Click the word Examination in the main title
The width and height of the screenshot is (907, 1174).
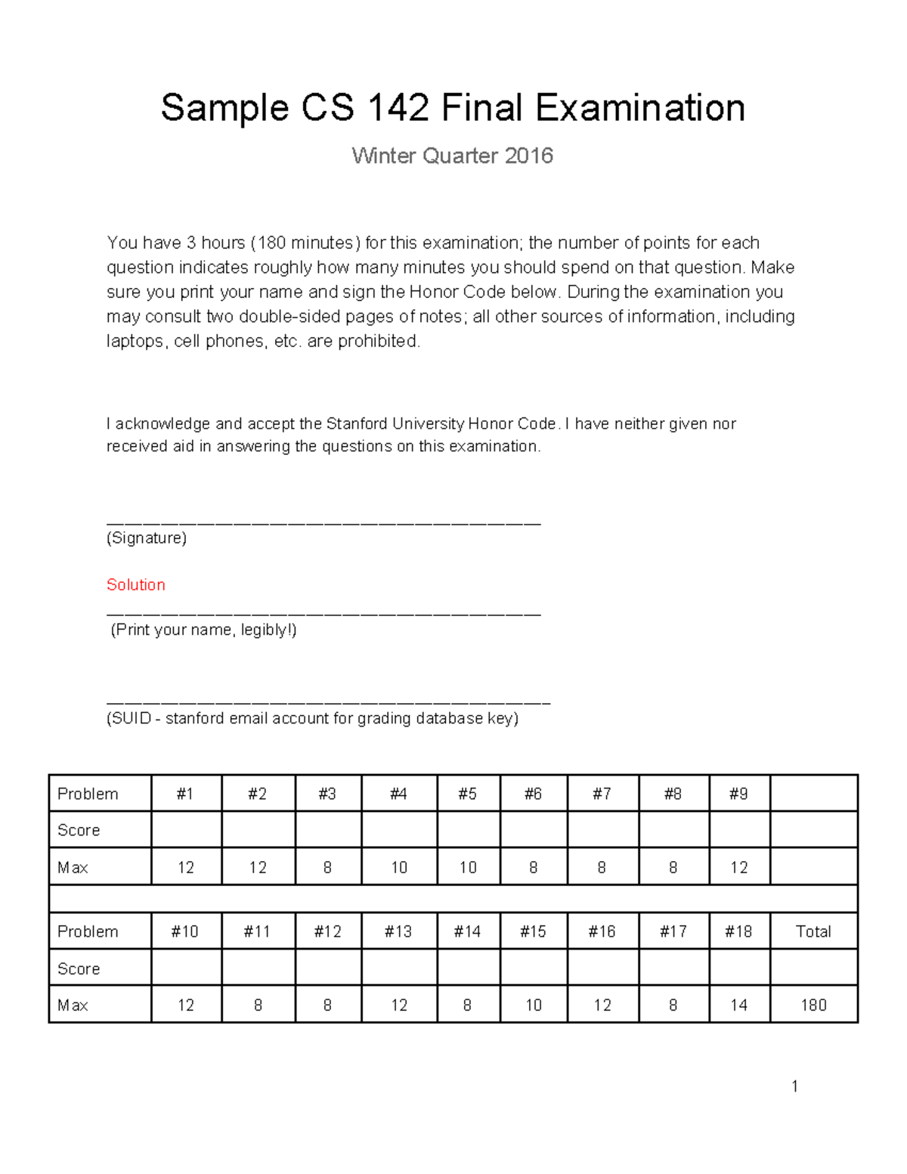640,108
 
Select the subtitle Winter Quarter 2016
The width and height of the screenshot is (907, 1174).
452,156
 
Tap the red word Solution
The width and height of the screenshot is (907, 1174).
135,584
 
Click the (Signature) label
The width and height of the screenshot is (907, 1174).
147,537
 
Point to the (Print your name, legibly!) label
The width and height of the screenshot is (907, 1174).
203,630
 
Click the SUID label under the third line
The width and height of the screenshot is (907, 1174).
312,718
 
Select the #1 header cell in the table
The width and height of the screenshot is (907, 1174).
185,794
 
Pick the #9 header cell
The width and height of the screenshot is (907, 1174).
738,794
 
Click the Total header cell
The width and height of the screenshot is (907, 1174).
813,931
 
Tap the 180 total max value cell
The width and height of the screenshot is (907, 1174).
813,1005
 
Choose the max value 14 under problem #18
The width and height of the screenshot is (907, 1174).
738,1005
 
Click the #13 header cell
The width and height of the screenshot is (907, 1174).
398,931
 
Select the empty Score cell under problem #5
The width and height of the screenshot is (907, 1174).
468,830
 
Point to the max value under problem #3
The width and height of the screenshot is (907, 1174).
327,867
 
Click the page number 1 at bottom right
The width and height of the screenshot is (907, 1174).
794,1086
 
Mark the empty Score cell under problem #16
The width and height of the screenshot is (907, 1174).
602,968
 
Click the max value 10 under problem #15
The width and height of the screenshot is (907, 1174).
533,1005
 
